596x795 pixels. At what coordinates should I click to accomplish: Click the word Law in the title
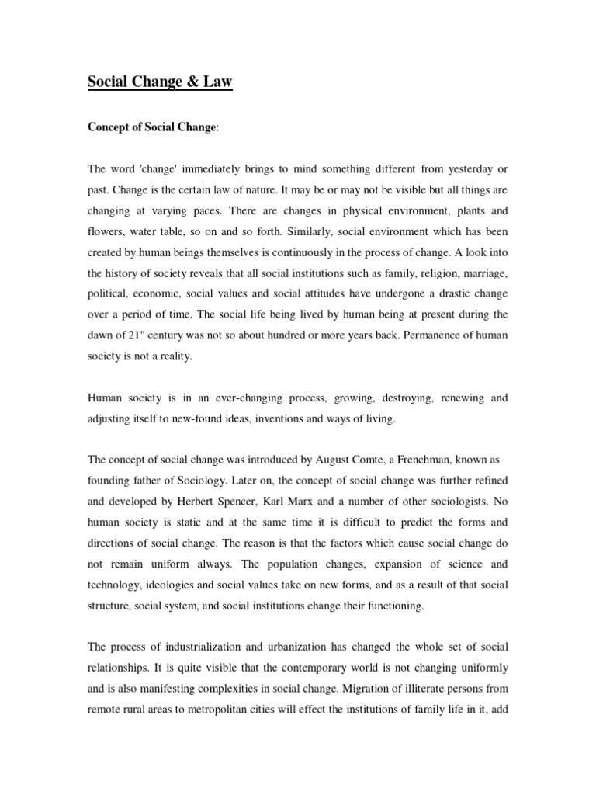coord(217,81)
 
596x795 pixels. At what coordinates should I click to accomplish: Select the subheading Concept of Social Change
coord(152,127)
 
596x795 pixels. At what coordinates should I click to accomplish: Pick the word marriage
coord(482,273)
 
